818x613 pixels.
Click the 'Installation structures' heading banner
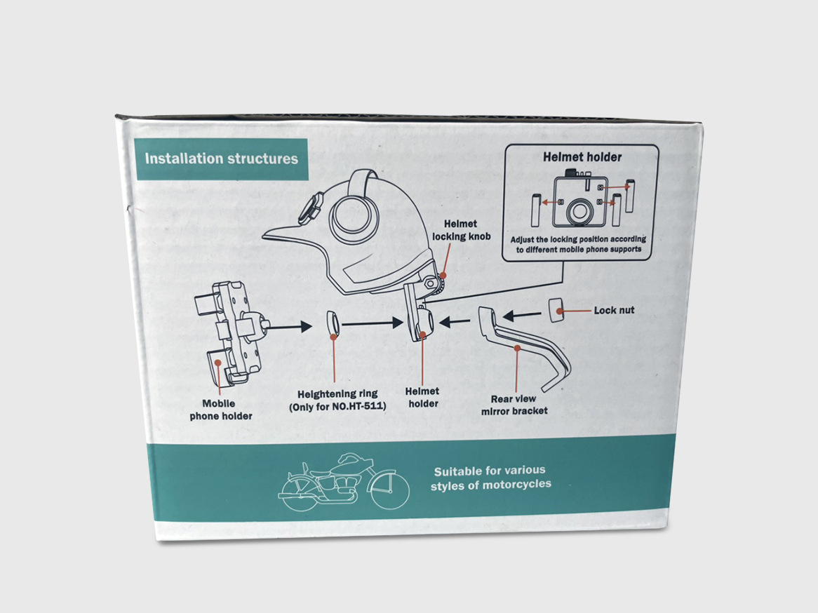pyautogui.click(x=221, y=159)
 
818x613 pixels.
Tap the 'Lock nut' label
pyautogui.click(x=614, y=309)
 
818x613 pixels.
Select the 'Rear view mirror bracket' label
pyautogui.click(x=519, y=405)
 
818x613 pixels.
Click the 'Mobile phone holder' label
pyautogui.click(x=220, y=410)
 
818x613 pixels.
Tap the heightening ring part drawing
pyautogui.click(x=334, y=325)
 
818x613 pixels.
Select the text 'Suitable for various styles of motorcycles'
pyautogui.click(x=491, y=477)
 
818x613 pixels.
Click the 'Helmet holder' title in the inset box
pyautogui.click(x=582, y=157)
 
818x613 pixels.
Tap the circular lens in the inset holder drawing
pyautogui.click(x=580, y=210)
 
